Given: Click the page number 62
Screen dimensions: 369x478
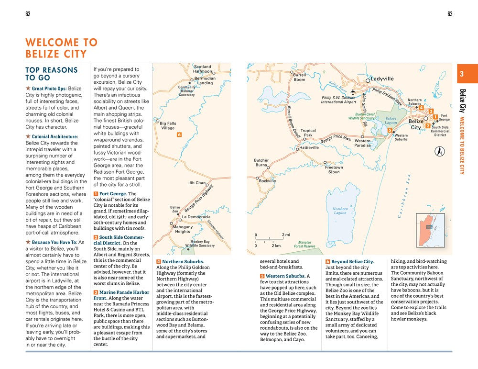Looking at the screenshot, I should [x=28, y=14].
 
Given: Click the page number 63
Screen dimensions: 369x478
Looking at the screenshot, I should [x=450, y=14].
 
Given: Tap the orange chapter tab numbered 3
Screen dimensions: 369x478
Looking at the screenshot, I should [x=461, y=74].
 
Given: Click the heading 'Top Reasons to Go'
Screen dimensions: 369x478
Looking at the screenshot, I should [x=51, y=74].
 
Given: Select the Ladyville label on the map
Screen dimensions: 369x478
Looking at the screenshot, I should [x=382, y=78].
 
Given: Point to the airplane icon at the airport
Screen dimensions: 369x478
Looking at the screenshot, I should [x=353, y=91].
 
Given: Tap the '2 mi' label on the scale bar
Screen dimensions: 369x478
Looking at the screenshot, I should [x=286, y=235].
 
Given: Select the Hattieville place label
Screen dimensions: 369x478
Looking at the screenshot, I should [x=309, y=148].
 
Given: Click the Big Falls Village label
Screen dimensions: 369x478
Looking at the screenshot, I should [x=168, y=126].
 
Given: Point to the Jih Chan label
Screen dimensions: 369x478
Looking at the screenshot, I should [x=196, y=183].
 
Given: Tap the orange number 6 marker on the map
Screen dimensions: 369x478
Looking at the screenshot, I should [x=179, y=135].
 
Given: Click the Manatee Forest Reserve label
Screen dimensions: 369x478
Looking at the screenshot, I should [x=304, y=245].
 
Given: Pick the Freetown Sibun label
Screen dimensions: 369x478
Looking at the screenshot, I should [x=334, y=169].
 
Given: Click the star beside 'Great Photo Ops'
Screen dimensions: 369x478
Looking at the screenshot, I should [x=28, y=89].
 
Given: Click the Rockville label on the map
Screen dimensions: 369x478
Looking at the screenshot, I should [x=267, y=181].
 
